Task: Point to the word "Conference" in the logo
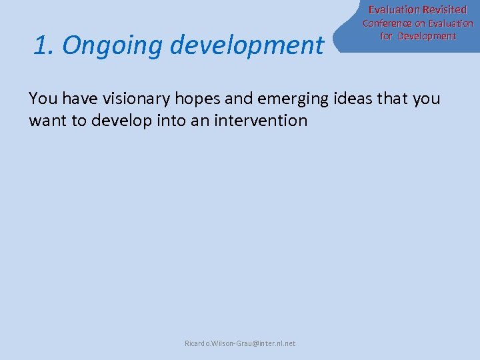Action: point(387,24)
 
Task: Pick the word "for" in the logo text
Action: point(386,36)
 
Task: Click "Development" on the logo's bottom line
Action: point(427,36)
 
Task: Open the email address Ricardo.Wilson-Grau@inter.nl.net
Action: point(240,343)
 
